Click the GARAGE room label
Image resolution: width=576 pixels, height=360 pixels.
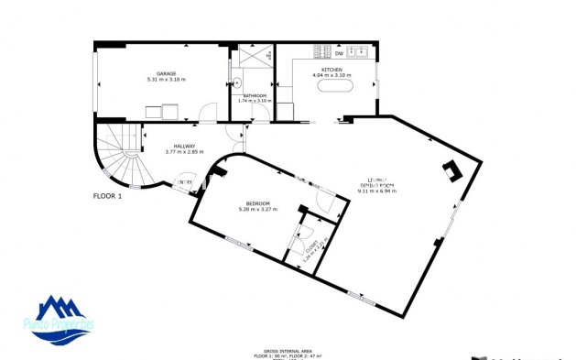(x=166, y=73)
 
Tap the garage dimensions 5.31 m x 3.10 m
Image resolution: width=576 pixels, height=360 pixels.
(x=166, y=80)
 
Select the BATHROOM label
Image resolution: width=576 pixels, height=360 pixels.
(x=254, y=95)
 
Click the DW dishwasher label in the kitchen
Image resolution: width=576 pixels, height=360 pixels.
(x=338, y=53)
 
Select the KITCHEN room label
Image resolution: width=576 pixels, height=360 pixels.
(x=331, y=68)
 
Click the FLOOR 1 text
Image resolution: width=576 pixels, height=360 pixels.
(x=107, y=195)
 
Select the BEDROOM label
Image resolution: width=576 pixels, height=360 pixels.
(x=257, y=203)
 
